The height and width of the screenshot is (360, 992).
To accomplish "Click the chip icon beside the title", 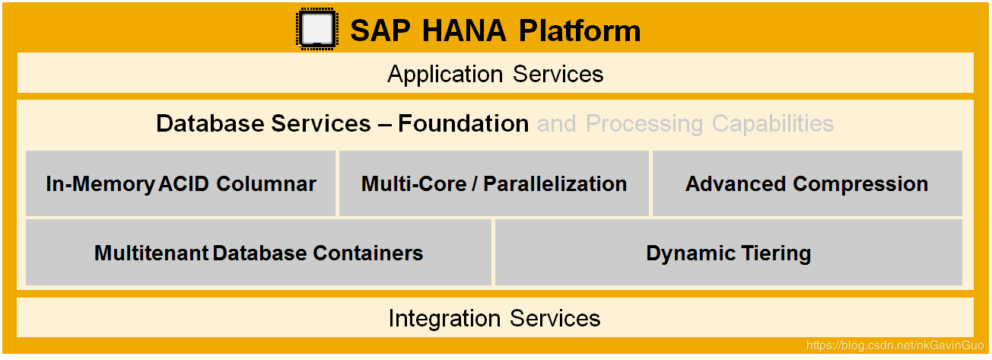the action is tap(317, 29).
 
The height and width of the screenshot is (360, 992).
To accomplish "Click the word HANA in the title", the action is tap(464, 31).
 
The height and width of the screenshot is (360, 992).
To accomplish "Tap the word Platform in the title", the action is tap(580, 31).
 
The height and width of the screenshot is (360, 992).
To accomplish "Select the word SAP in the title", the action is tap(380, 31).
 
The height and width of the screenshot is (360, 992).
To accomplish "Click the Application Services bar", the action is tap(495, 73).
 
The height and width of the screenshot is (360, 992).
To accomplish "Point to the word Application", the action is tap(445, 75).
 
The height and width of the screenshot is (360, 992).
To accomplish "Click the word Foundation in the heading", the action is tap(463, 123).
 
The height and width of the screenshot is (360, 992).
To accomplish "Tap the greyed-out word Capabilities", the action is tap(773, 124).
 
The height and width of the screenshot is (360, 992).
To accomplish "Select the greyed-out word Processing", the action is tap(644, 124).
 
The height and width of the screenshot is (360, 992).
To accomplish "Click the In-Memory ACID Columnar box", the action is tap(181, 183).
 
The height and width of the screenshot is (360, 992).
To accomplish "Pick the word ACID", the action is tap(183, 183).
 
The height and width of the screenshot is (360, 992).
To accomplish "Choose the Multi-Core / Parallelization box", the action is tap(494, 183).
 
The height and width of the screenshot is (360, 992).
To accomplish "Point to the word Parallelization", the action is tap(555, 183).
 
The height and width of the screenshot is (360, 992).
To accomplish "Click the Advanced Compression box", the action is tap(807, 183).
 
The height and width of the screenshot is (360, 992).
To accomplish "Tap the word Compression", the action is tap(860, 184).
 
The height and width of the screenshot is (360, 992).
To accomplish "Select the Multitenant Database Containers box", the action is tap(259, 253).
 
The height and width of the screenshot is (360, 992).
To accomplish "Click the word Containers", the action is tap(368, 253).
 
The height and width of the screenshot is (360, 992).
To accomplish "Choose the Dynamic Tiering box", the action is tap(729, 253).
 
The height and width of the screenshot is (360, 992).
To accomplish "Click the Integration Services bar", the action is tap(495, 317).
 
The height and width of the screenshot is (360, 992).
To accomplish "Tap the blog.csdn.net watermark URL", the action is tap(895, 346).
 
